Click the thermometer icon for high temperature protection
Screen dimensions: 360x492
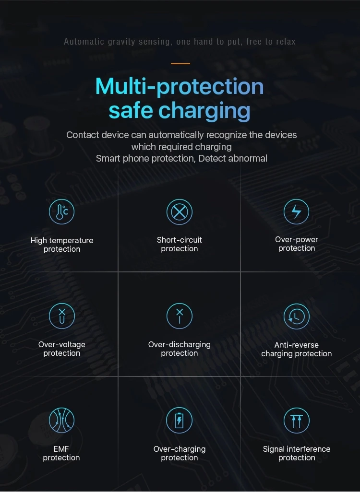click(61, 211)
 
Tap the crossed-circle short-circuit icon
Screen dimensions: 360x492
click(179, 211)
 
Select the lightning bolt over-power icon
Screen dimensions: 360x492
click(296, 211)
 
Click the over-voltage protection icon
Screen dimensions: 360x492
click(61, 316)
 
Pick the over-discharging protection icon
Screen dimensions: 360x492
click(179, 316)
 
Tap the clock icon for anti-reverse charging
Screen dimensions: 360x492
click(296, 316)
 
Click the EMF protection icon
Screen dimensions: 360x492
click(61, 421)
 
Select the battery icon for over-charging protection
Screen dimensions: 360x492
click(179, 421)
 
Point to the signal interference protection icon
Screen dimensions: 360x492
click(296, 421)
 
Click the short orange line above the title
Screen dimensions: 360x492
click(180, 63)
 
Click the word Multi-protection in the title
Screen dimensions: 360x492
click(180, 86)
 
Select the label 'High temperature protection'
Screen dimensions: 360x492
click(62, 245)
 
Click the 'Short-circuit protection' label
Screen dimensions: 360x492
click(180, 244)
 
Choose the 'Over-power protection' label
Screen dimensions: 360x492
click(297, 244)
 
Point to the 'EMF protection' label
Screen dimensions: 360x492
click(61, 453)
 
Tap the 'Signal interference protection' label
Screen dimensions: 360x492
click(297, 453)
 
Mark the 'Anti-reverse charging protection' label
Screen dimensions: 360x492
click(297, 349)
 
